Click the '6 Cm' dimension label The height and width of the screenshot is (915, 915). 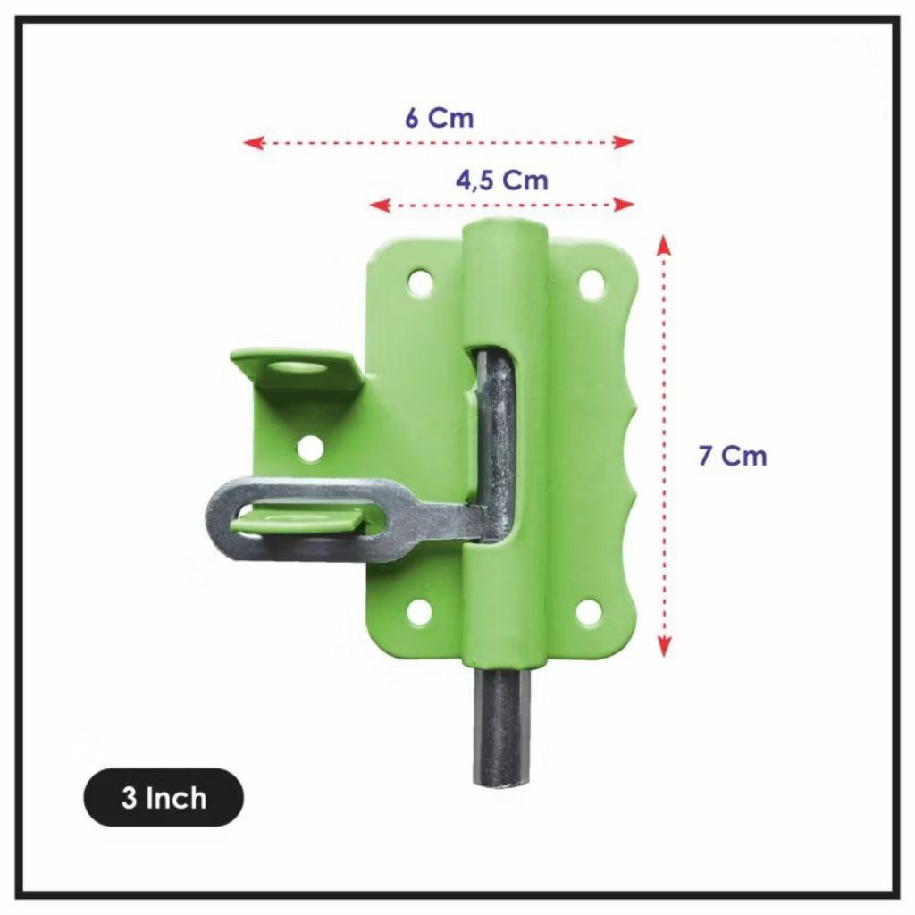click(x=439, y=118)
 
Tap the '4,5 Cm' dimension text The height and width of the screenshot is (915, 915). click(x=501, y=180)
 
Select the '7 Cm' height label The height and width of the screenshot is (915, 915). click(x=732, y=456)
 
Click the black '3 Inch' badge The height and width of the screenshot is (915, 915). click(x=164, y=797)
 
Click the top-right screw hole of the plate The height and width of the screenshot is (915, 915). click(x=592, y=283)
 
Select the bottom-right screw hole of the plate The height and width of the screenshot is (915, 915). click(x=589, y=612)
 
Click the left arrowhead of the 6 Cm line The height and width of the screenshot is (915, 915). click(x=253, y=142)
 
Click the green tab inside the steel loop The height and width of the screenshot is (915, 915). click(x=304, y=519)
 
